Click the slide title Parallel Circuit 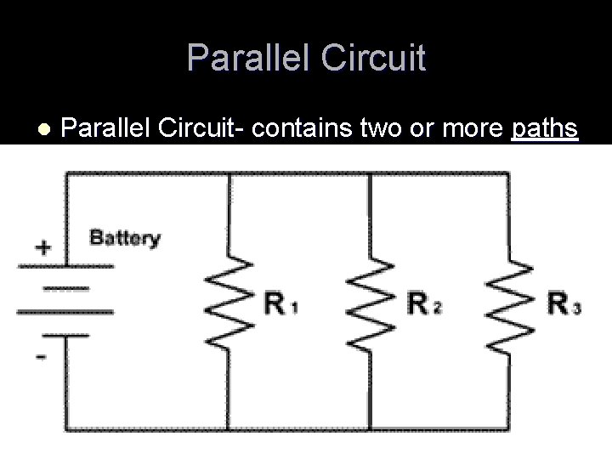[306, 58]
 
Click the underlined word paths [545, 129]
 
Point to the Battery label [125, 237]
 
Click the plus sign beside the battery [42, 248]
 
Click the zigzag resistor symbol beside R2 [370, 302]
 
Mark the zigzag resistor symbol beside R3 [509, 302]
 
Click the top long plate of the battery [65, 266]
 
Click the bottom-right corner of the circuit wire [509, 426]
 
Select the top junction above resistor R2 [370, 173]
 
